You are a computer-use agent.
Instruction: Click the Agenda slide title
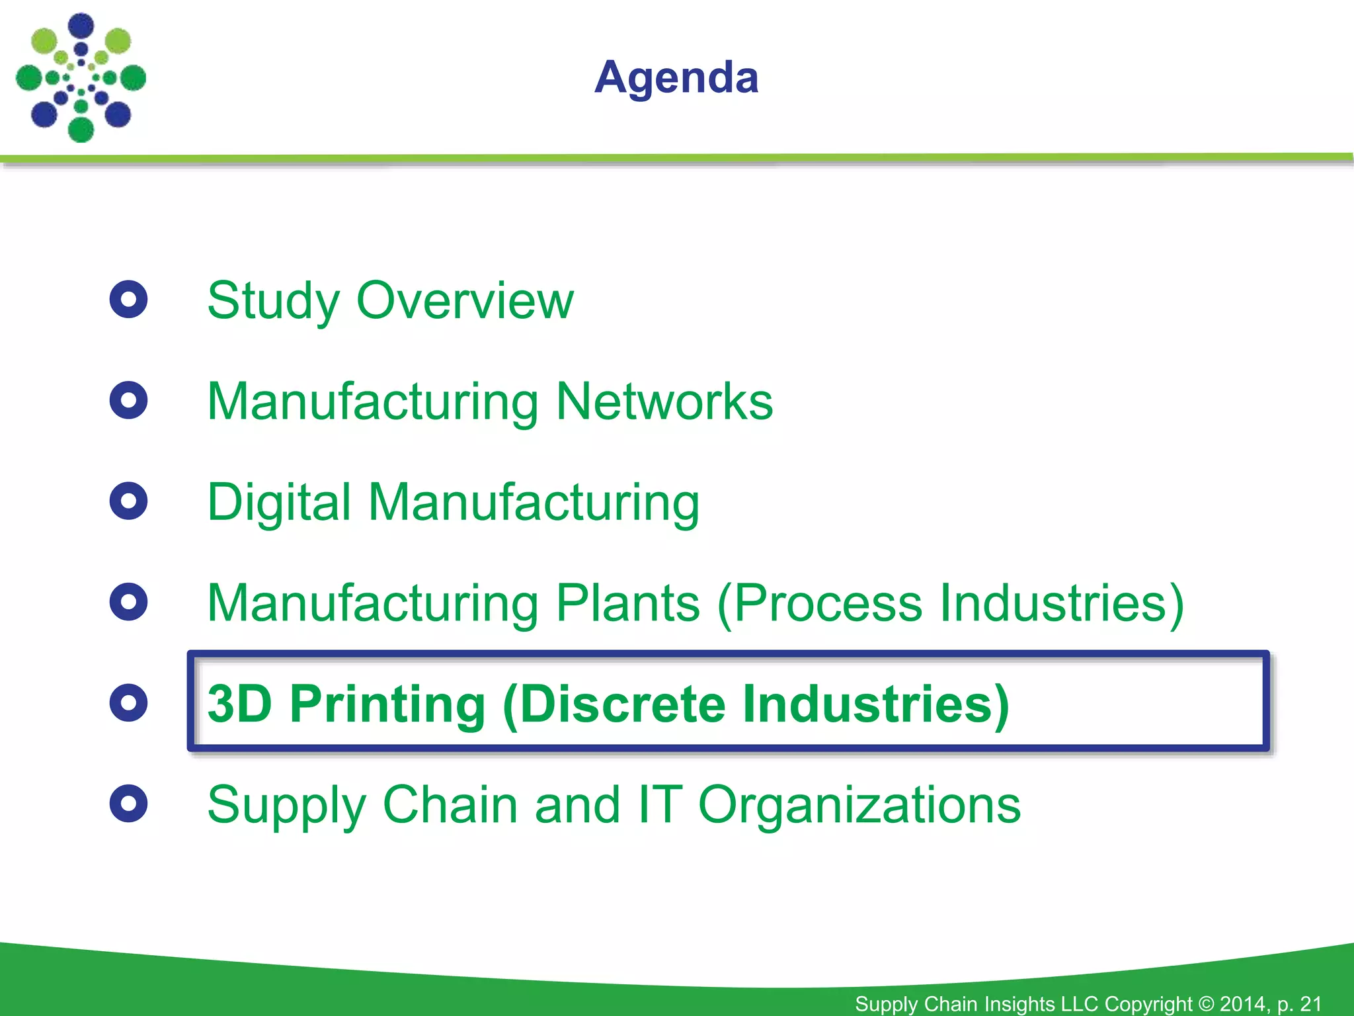pos(676,78)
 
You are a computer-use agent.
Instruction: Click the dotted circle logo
pos(81,77)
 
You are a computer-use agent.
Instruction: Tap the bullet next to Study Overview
pos(128,300)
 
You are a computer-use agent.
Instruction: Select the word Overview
pos(465,301)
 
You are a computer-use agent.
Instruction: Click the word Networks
pos(664,402)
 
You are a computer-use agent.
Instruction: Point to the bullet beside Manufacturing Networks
pos(128,400)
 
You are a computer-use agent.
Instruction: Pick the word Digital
pos(278,503)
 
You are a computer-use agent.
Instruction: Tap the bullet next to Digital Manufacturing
pos(128,501)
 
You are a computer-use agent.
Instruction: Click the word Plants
pos(627,603)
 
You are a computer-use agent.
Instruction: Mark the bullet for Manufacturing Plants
pos(128,602)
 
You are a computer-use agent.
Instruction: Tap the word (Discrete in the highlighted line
pos(614,704)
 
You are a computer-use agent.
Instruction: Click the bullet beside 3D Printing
pos(128,702)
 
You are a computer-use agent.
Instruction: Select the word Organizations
pos(859,806)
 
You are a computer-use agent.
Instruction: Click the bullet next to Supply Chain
pos(128,804)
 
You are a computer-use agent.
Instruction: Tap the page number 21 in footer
pos(1310,1003)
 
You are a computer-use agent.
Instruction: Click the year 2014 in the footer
pos(1244,1003)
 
